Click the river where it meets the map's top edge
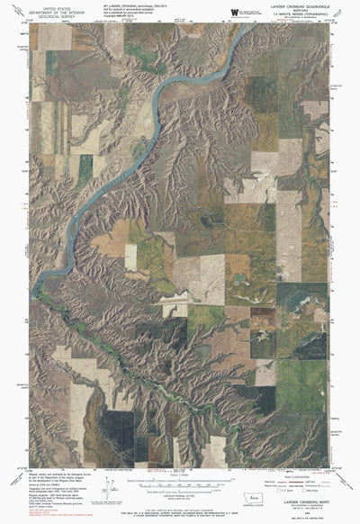243,24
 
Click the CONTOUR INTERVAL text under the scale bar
180,491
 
